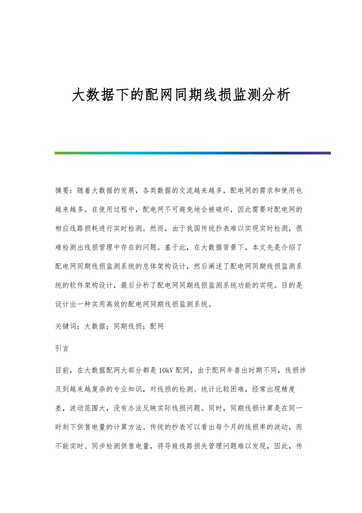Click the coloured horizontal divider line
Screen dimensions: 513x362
[x=192, y=153]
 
